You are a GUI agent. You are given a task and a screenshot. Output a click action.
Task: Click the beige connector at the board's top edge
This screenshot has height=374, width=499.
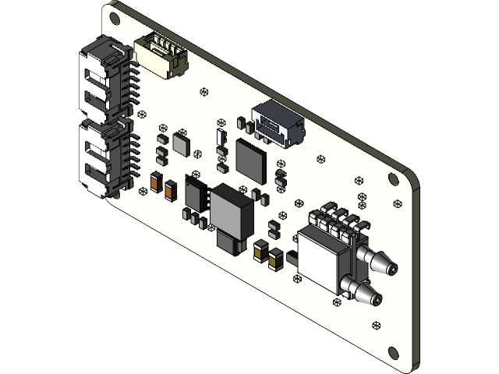[161, 57]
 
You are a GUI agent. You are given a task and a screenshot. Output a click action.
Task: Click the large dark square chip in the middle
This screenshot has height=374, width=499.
[252, 159]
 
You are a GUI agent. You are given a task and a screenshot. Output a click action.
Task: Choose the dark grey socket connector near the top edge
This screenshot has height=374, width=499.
[277, 123]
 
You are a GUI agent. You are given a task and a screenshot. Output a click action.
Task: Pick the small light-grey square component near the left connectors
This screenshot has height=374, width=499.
[182, 143]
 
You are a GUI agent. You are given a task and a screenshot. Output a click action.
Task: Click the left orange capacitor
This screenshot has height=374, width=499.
[154, 182]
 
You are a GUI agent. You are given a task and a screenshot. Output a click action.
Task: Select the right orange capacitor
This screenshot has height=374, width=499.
[170, 188]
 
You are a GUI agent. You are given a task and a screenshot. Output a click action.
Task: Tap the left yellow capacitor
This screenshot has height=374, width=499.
[260, 250]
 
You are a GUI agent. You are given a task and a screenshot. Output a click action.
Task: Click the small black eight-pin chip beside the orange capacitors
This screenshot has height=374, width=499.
[196, 192]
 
